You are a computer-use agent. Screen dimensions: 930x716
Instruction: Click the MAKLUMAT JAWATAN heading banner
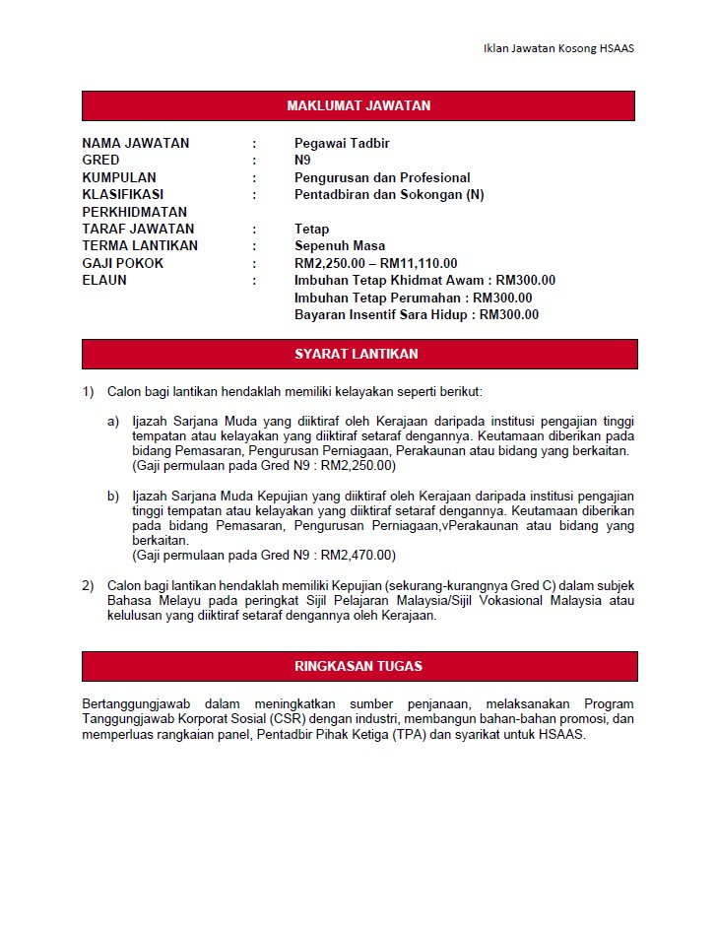(x=358, y=106)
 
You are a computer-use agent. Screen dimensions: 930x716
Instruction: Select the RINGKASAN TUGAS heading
(x=358, y=666)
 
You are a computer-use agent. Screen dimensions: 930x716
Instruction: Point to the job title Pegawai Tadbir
(x=342, y=144)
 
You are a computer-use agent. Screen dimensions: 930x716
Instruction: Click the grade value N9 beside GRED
(x=302, y=161)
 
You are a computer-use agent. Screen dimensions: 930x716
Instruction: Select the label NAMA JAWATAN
(x=135, y=144)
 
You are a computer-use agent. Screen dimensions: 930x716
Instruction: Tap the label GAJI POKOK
(x=123, y=263)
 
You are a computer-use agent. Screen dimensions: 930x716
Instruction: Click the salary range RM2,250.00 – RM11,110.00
(x=375, y=263)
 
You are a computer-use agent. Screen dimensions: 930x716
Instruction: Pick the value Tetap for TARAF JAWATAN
(x=311, y=230)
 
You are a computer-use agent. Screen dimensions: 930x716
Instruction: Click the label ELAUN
(x=103, y=281)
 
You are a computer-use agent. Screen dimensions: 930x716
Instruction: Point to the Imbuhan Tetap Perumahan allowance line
(x=413, y=298)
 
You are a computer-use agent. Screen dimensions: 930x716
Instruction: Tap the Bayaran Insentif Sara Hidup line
(x=417, y=315)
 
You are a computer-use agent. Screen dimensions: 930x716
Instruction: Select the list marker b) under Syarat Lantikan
(x=113, y=496)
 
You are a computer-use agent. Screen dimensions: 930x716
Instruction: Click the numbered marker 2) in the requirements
(x=88, y=586)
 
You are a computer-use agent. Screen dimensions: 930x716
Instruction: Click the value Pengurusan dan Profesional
(x=382, y=178)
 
